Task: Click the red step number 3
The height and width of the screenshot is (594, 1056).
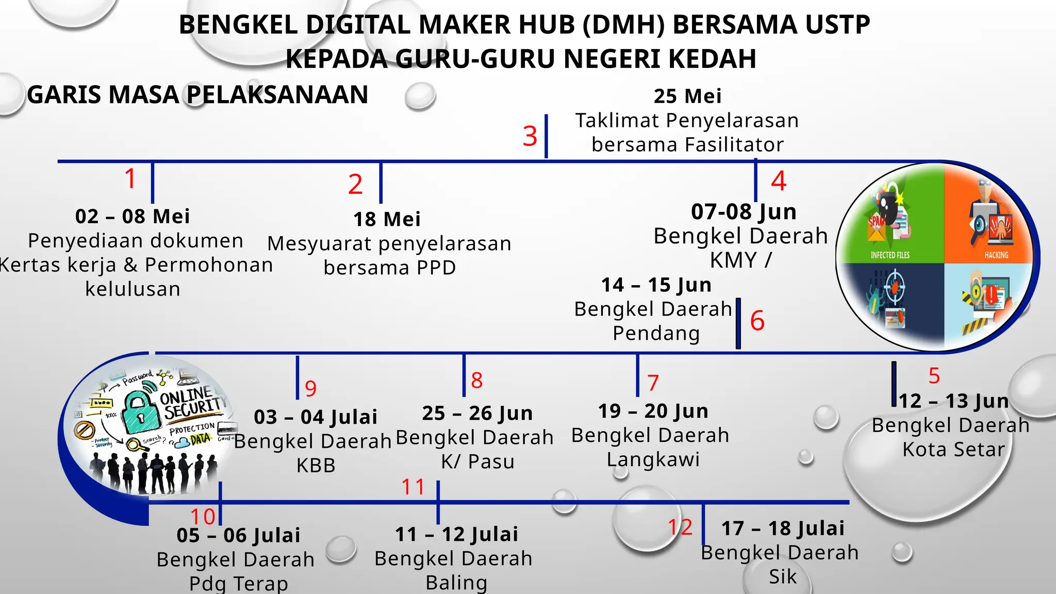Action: (530, 136)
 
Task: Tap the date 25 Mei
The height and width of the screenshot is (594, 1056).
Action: (687, 96)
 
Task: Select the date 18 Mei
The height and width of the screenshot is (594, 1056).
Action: (387, 219)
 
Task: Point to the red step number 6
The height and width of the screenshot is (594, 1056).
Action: (757, 321)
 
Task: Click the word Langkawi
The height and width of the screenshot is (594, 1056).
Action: (653, 459)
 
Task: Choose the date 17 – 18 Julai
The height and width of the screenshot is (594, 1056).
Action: (783, 528)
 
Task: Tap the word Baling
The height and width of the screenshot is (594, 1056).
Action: (456, 583)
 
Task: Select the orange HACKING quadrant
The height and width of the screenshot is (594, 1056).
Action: (987, 217)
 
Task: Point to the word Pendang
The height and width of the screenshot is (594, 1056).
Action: (656, 333)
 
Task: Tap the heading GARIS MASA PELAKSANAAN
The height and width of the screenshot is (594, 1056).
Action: (197, 95)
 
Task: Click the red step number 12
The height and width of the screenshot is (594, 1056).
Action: (680, 527)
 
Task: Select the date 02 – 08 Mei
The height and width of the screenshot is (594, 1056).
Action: (133, 216)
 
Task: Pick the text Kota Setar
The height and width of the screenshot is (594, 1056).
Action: (953, 449)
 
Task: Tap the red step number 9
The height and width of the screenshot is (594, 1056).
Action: (310, 388)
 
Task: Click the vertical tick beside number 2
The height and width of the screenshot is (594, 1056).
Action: (381, 183)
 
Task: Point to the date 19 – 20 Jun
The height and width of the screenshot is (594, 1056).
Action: (653, 411)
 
